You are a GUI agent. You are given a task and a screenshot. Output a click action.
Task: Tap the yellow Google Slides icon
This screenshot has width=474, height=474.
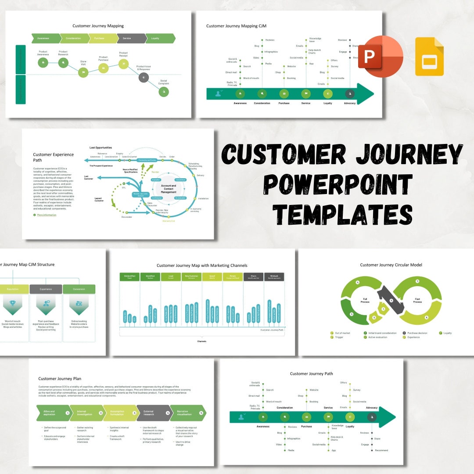point(429,57)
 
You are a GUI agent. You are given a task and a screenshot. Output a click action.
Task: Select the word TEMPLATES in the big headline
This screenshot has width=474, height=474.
point(342,214)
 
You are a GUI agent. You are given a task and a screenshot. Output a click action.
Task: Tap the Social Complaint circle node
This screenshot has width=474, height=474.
point(164,91)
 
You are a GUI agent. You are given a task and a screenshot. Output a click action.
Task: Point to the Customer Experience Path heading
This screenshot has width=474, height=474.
point(54,154)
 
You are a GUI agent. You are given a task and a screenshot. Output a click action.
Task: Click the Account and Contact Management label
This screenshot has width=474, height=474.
point(169,189)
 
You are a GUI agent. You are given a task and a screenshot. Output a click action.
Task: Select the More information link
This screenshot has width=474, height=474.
point(47,215)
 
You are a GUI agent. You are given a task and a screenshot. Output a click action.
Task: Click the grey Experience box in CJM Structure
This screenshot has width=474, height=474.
point(46,289)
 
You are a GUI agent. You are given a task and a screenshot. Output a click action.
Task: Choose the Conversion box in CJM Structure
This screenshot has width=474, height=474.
point(79,289)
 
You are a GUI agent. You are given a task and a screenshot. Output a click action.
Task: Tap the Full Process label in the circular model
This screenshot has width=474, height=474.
point(364,301)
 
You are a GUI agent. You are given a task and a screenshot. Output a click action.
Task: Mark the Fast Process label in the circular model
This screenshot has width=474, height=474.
point(417,301)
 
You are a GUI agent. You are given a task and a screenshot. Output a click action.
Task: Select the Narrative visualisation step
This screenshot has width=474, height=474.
point(187,413)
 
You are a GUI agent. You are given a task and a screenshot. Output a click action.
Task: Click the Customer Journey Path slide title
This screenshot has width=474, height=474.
point(311,374)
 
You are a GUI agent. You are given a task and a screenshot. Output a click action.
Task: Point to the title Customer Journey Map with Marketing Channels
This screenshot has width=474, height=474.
point(202,266)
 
